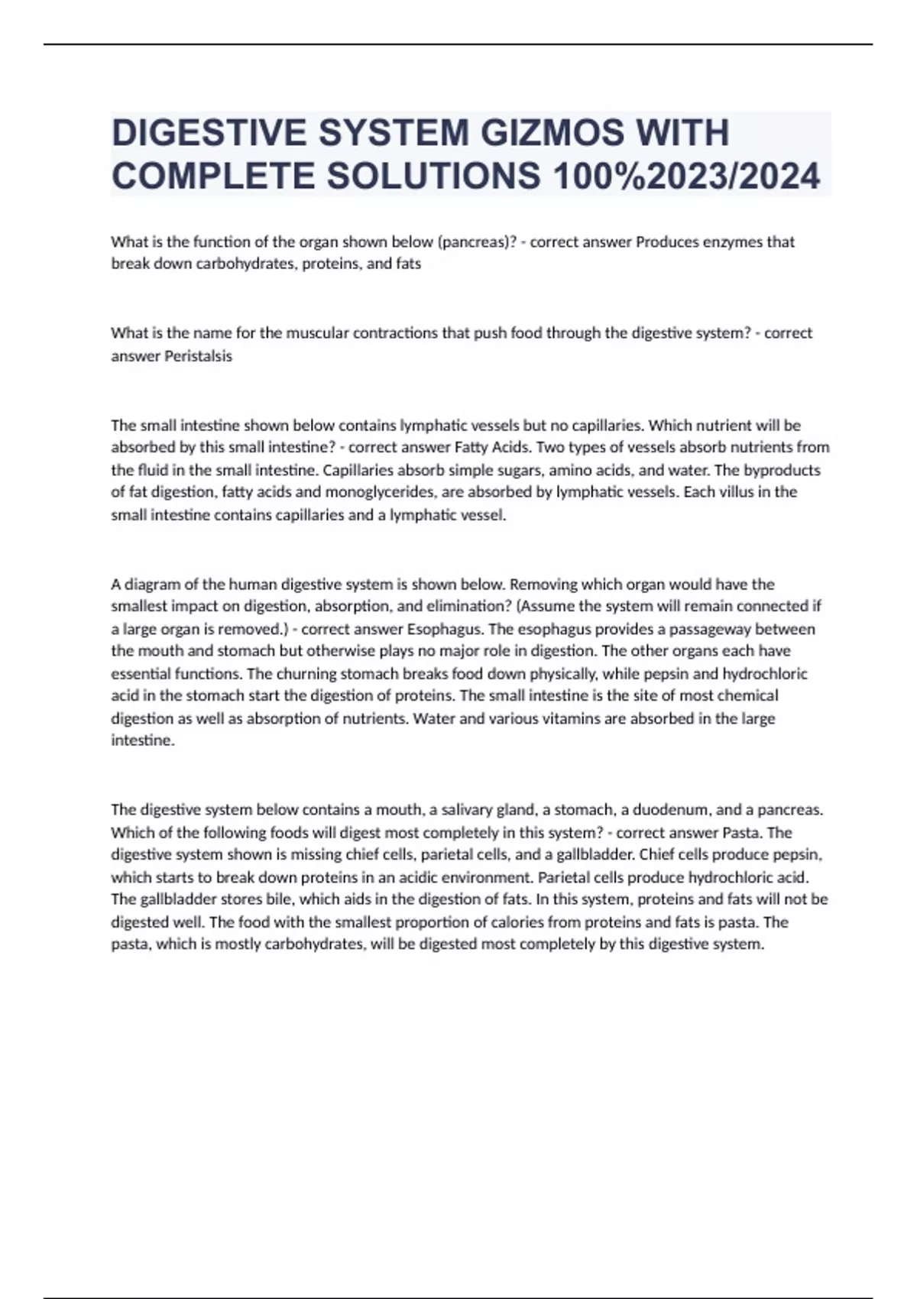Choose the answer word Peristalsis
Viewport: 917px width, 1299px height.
coord(199,356)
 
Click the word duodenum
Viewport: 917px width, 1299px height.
coord(672,810)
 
